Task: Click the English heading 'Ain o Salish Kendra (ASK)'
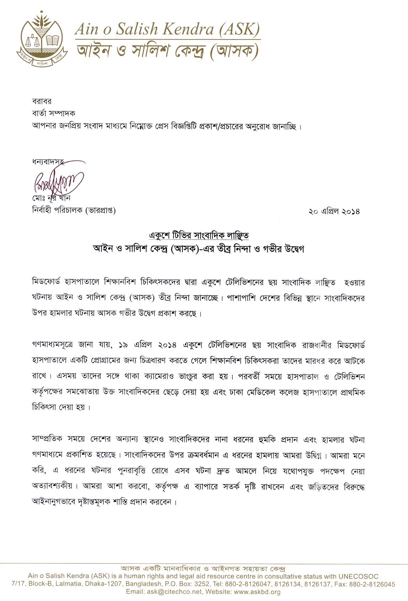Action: tap(167, 29)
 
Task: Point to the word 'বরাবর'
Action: tap(42, 101)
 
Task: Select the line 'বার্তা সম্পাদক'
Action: tap(53, 113)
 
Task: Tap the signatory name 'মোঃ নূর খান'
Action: tap(51, 198)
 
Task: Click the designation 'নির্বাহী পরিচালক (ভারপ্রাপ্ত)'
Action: tap(74, 210)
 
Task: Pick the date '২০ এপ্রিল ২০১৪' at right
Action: tap(334, 211)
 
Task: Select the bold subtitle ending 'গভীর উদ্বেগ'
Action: tap(199, 248)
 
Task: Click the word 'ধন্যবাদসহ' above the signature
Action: tap(48, 162)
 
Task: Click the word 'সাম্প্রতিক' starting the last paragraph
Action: tap(47, 439)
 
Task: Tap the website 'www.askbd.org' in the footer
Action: tap(257, 592)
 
